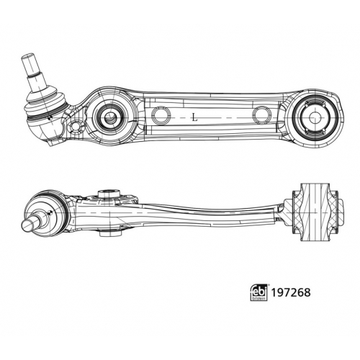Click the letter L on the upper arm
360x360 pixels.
pyautogui.click(x=195, y=117)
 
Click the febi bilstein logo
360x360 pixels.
pyautogui.click(x=259, y=292)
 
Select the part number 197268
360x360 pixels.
pyautogui.click(x=291, y=292)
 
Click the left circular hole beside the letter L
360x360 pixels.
pyautogui.click(x=161, y=116)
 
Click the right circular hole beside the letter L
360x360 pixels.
pyautogui.click(x=262, y=115)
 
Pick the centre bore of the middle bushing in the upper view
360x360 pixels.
pyautogui.click(x=111, y=117)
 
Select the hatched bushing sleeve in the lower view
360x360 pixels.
pyautogui.click(x=315, y=212)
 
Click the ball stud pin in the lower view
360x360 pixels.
pyautogui.click(x=31, y=222)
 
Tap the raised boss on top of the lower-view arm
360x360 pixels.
pyautogui.click(x=109, y=194)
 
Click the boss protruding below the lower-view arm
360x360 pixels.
pyautogui.click(x=109, y=233)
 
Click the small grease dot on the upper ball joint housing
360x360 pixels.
pyautogui.click(x=50, y=118)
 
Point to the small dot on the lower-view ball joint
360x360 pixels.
pyautogui.click(x=50, y=212)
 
